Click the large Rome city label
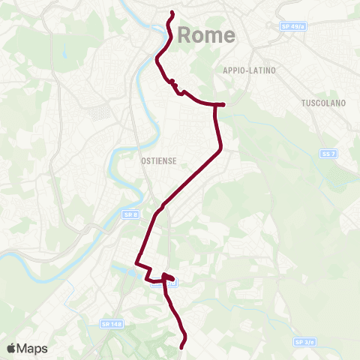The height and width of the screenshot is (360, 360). tap(206, 34)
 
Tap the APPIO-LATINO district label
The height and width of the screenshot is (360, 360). tap(250, 70)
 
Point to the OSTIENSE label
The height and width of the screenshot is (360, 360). tap(157, 160)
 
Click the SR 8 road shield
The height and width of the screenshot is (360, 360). tap(130, 214)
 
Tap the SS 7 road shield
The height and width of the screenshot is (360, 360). tap(327, 154)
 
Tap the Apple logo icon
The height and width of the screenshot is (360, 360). tap(11, 348)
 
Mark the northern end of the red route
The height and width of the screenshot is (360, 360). tap(172, 13)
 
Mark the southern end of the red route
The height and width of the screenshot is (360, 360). tap(184, 346)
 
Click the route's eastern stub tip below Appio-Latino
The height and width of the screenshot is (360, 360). tap(223, 104)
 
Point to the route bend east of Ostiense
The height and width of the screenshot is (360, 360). tap(219, 151)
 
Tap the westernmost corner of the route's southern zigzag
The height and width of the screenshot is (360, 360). tap(136, 263)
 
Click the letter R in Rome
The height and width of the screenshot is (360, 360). tap(184, 34)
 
